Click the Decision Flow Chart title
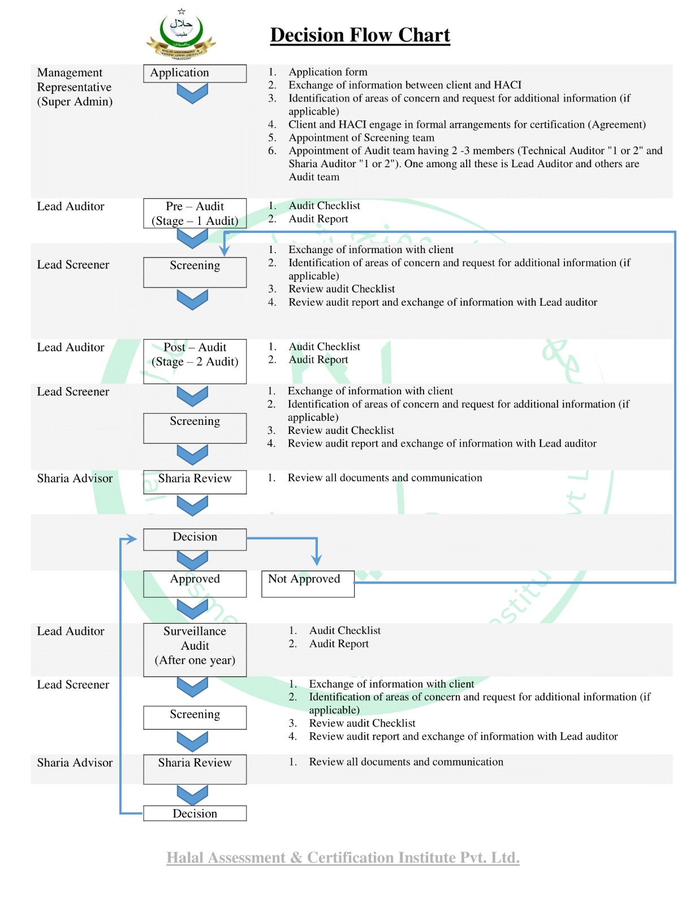coord(360,35)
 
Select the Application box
coord(195,73)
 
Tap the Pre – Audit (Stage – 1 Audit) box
coord(195,214)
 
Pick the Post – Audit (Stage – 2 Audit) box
coord(195,361)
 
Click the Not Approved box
coord(308,584)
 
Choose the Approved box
coord(195,584)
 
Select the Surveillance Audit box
coord(195,650)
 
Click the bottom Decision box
coord(195,813)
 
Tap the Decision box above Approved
coord(195,539)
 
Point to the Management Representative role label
coord(75,87)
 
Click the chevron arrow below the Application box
coord(192,93)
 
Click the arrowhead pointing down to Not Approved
coord(317,560)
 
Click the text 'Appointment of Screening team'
coord(361,138)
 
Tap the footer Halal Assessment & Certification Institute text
coord(343,858)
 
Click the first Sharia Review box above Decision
coord(195,482)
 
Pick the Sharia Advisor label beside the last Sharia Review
coord(75,763)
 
